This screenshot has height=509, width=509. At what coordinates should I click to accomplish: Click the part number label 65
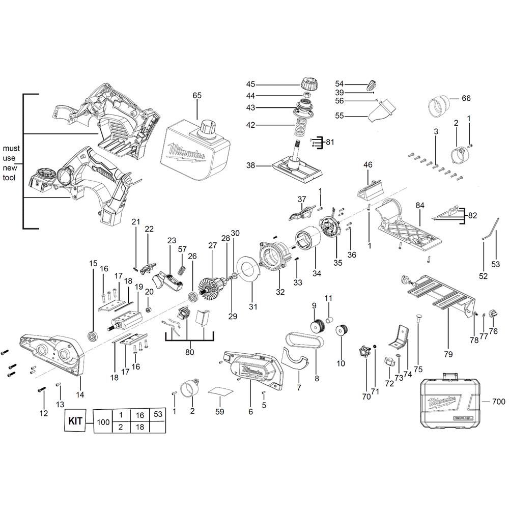[x=197, y=95]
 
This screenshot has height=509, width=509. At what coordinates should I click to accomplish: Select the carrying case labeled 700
[x=448, y=402]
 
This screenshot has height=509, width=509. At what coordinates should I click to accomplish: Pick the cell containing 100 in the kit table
[x=103, y=421]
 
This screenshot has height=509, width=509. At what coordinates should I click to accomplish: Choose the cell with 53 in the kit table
[x=158, y=415]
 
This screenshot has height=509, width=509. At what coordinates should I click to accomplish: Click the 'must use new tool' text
[x=11, y=163]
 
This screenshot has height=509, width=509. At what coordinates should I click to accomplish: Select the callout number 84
[x=419, y=205]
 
